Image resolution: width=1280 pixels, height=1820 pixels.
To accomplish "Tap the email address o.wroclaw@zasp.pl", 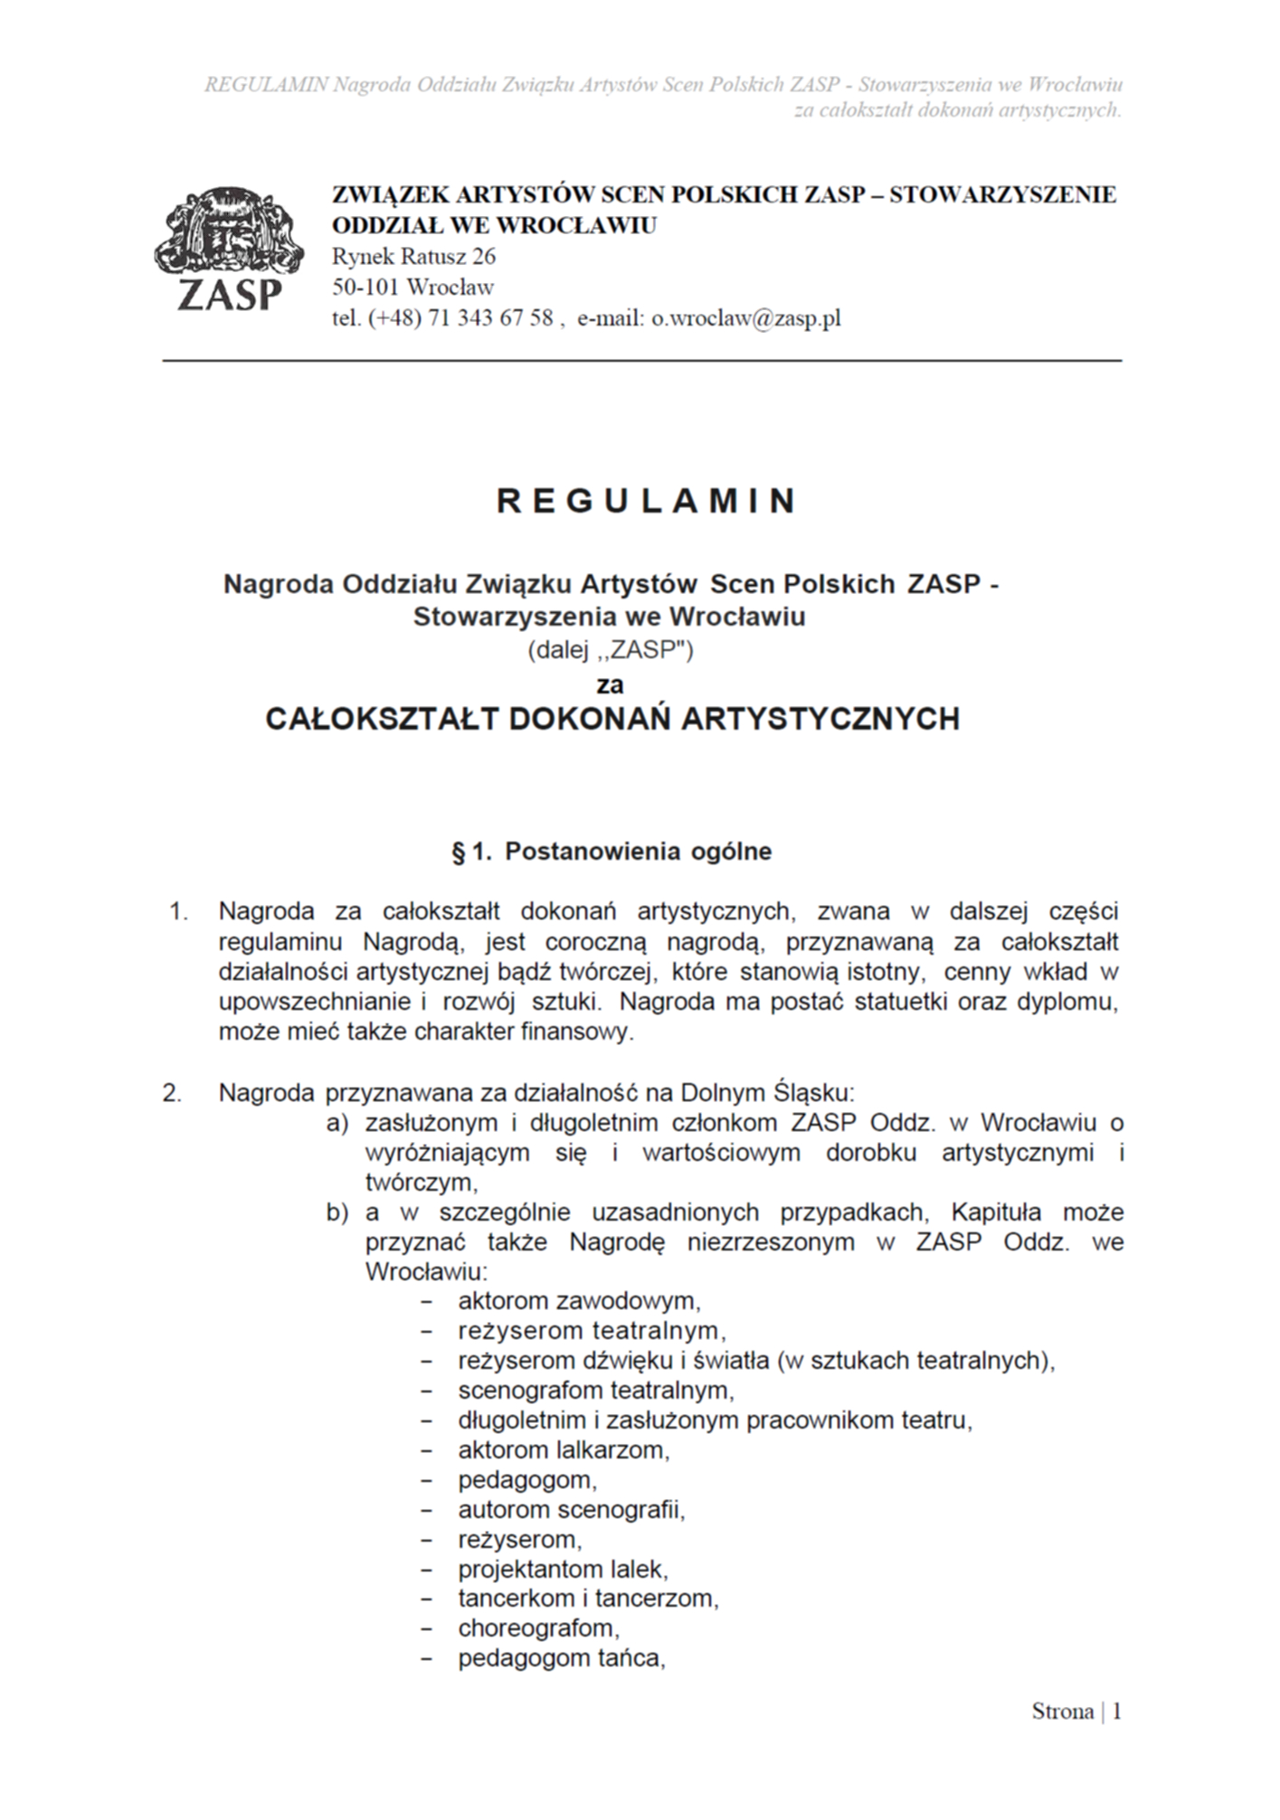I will pyautogui.click(x=746, y=318).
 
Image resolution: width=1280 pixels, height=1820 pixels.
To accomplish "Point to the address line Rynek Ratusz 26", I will pyautogui.click(x=414, y=257).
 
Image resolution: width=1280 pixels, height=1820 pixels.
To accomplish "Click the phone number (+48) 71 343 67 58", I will pyautogui.click(x=460, y=318).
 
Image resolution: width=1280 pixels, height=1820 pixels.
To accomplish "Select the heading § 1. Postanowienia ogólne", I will pyautogui.click(x=612, y=852).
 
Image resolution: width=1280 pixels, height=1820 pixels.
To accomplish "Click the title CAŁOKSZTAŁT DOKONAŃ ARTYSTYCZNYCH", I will pyautogui.click(x=612, y=720).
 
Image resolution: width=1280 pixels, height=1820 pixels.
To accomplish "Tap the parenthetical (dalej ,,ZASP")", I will pyautogui.click(x=611, y=651).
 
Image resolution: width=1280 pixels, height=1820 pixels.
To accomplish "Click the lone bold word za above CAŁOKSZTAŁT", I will pyautogui.click(x=611, y=684).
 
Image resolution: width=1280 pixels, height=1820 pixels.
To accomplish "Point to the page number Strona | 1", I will pyautogui.click(x=1076, y=1712).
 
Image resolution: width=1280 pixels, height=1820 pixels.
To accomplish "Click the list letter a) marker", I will pyautogui.click(x=337, y=1123).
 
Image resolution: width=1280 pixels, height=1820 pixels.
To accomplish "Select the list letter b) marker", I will pyautogui.click(x=337, y=1212).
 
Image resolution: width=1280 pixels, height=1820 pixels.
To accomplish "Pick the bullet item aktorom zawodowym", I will pyautogui.click(x=579, y=1301).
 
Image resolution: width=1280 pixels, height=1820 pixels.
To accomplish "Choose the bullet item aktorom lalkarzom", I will pyautogui.click(x=564, y=1450).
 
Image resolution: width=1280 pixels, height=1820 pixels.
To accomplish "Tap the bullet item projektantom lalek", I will pyautogui.click(x=563, y=1569).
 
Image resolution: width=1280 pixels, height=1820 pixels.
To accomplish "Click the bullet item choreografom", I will pyautogui.click(x=538, y=1628).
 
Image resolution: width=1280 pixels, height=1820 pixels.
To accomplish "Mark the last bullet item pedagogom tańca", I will pyautogui.click(x=561, y=1659).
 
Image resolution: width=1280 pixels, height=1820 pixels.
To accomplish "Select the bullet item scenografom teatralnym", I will pyautogui.click(x=596, y=1390).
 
